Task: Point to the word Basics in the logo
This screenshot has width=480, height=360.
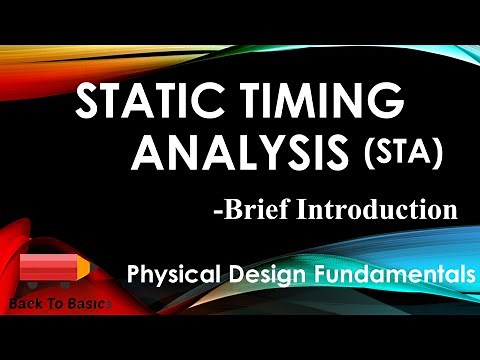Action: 88,300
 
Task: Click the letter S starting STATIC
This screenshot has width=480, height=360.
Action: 90,104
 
